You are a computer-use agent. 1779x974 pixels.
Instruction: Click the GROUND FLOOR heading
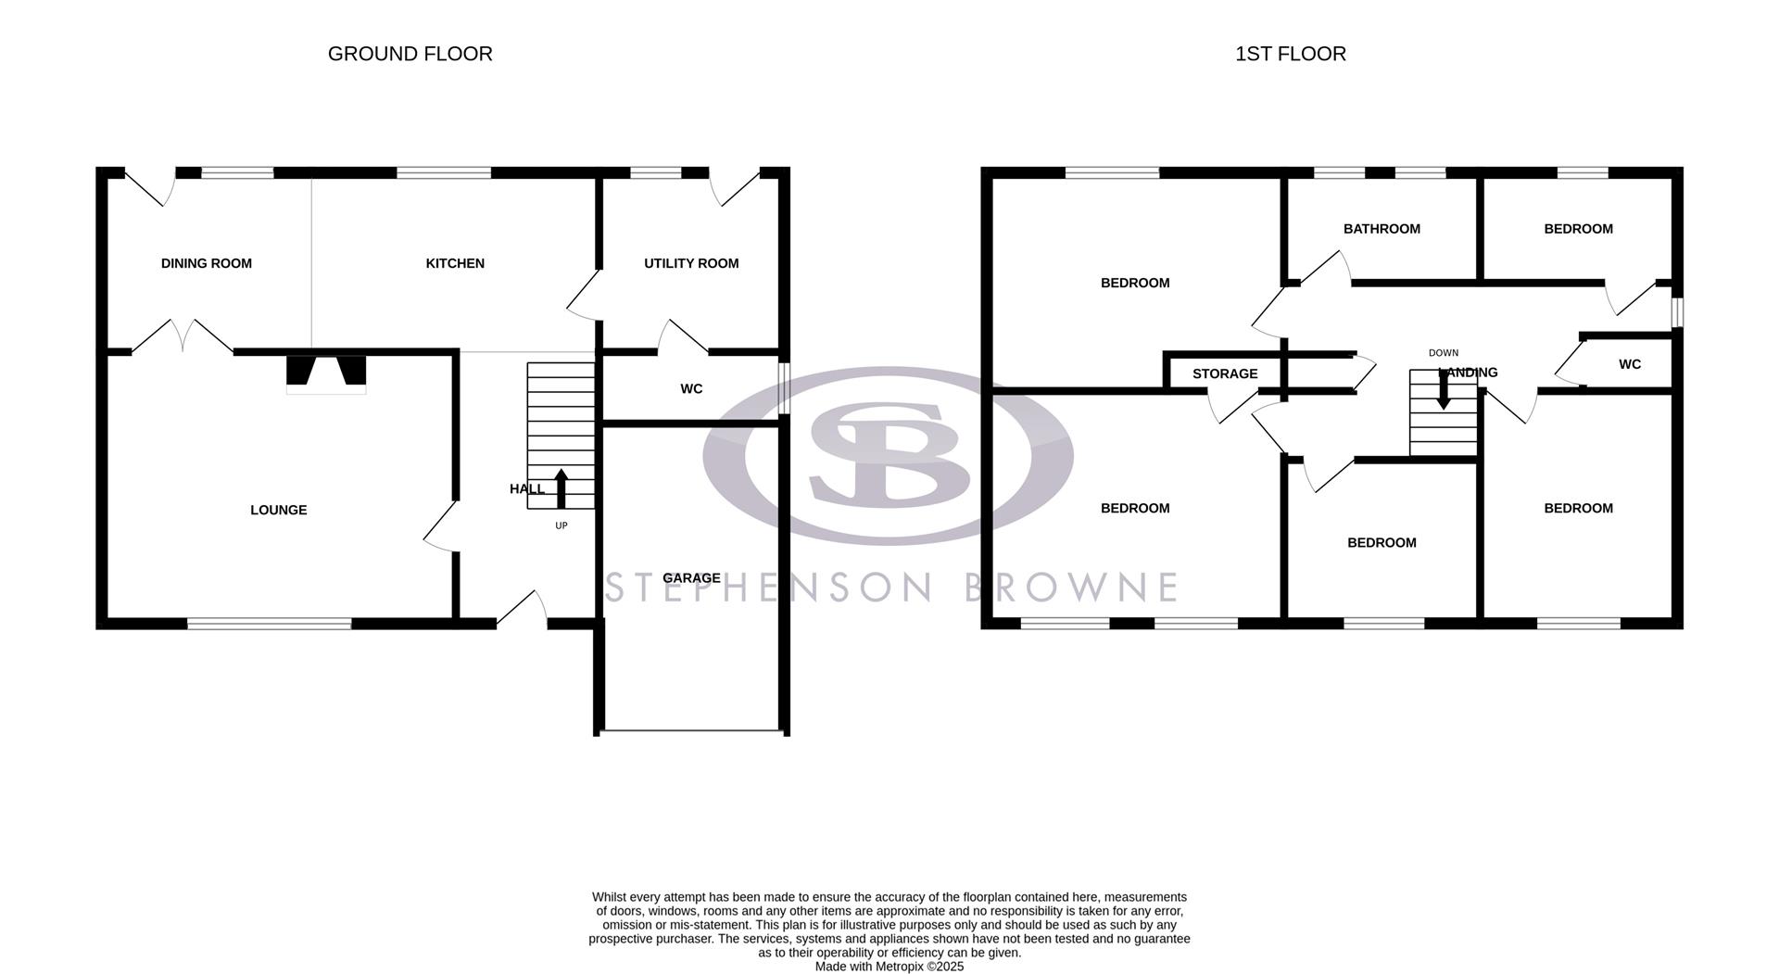pyautogui.click(x=410, y=54)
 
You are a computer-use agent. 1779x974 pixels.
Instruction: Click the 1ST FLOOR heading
pyautogui.click(x=1290, y=54)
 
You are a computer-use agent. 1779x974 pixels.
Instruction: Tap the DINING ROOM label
pyautogui.click(x=206, y=263)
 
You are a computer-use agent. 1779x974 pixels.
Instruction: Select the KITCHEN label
pyautogui.click(x=455, y=263)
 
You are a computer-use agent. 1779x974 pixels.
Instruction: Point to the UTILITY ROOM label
pyautogui.click(x=691, y=263)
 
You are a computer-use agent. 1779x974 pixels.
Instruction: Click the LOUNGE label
pyautogui.click(x=278, y=510)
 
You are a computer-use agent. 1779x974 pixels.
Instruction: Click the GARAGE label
pyautogui.click(x=691, y=578)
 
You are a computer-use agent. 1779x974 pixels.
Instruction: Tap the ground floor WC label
pyautogui.click(x=691, y=389)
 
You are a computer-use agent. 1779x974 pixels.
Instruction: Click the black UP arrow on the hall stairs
pyautogui.click(x=561, y=488)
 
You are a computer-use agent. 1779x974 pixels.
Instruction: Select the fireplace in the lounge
pyautogui.click(x=325, y=373)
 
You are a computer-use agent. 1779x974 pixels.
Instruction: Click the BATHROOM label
pyautogui.click(x=1382, y=229)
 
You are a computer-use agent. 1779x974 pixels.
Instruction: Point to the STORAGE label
pyautogui.click(x=1225, y=373)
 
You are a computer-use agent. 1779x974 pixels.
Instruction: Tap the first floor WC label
pyautogui.click(x=1630, y=364)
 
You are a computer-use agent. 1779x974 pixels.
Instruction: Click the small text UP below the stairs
pyautogui.click(x=561, y=525)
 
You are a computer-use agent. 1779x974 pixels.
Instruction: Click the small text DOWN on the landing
pyautogui.click(x=1443, y=353)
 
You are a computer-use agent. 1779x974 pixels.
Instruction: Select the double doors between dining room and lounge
pyautogui.click(x=183, y=337)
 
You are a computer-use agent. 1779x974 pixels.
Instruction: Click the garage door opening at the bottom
pyautogui.click(x=691, y=731)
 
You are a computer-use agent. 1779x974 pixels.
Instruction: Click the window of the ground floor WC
pyautogui.click(x=784, y=388)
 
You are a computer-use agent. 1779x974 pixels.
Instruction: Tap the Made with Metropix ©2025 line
pyautogui.click(x=889, y=967)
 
